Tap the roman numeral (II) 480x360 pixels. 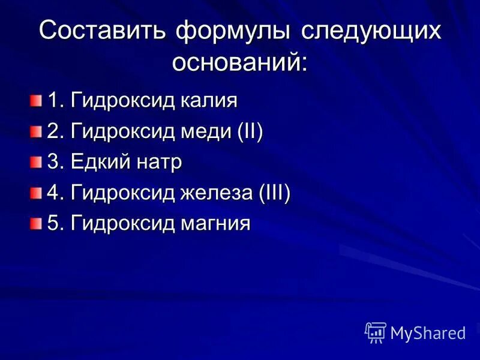(250, 131)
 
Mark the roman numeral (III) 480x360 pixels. (275, 193)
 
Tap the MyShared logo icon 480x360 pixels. (376, 332)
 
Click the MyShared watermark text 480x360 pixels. (428, 333)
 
